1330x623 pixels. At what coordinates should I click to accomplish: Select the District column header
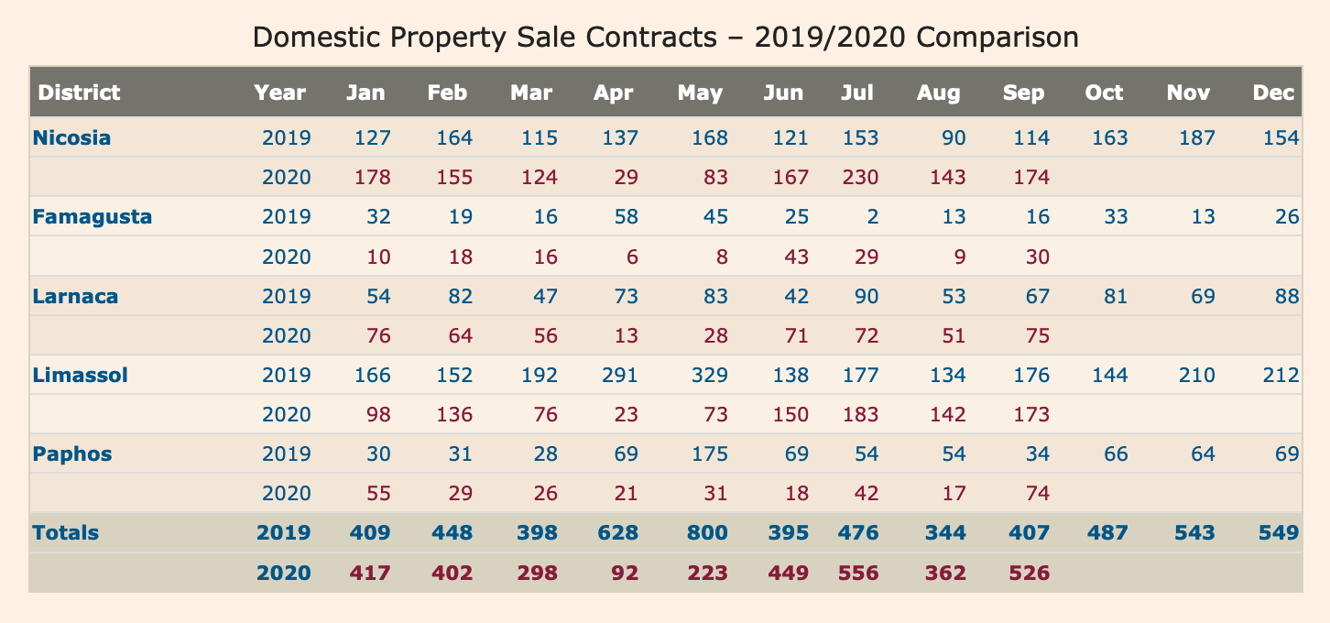point(80,93)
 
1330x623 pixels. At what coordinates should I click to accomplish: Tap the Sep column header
point(1023,93)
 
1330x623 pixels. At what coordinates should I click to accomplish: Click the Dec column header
point(1273,93)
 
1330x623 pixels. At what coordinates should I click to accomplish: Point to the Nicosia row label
point(71,138)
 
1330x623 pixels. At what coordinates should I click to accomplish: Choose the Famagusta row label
point(92,217)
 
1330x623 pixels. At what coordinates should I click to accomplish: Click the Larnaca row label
point(75,296)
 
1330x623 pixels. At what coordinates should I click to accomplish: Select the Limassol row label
point(80,375)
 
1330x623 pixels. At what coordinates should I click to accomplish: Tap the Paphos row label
point(71,454)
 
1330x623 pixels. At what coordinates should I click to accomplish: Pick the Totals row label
point(66,533)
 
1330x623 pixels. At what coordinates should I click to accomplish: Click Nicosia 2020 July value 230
point(860,178)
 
